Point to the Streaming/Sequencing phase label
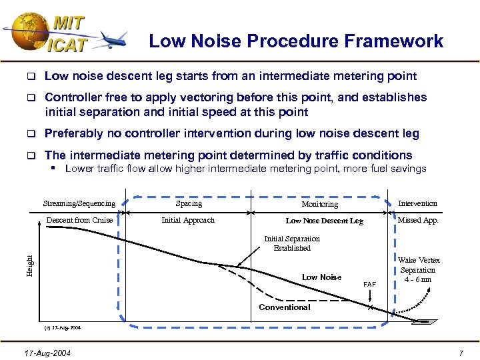point(79,203)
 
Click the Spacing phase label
point(189,203)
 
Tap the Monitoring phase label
point(319,204)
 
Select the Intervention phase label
point(417,203)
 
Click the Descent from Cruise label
point(79,220)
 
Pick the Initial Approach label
point(189,220)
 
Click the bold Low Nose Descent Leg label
point(324,221)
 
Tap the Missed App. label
point(418,220)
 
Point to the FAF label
point(369,284)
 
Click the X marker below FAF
point(370,308)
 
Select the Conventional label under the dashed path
point(285,307)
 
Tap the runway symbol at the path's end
point(425,322)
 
